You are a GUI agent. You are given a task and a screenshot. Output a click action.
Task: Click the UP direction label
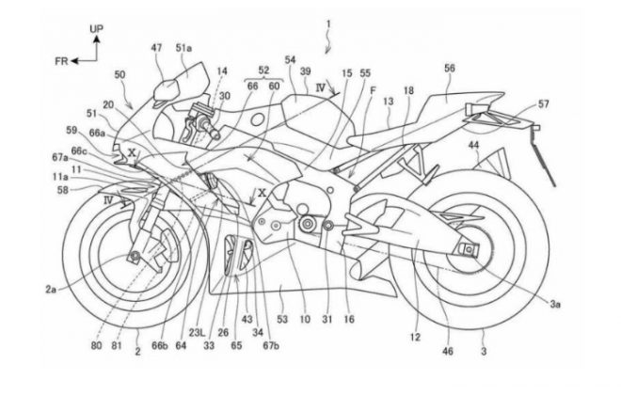(x=96, y=30)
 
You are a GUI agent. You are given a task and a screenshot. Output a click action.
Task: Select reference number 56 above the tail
(x=450, y=69)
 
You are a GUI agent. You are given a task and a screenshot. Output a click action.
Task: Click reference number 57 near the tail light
(x=543, y=104)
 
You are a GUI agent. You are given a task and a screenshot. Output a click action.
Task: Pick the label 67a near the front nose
(x=61, y=156)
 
